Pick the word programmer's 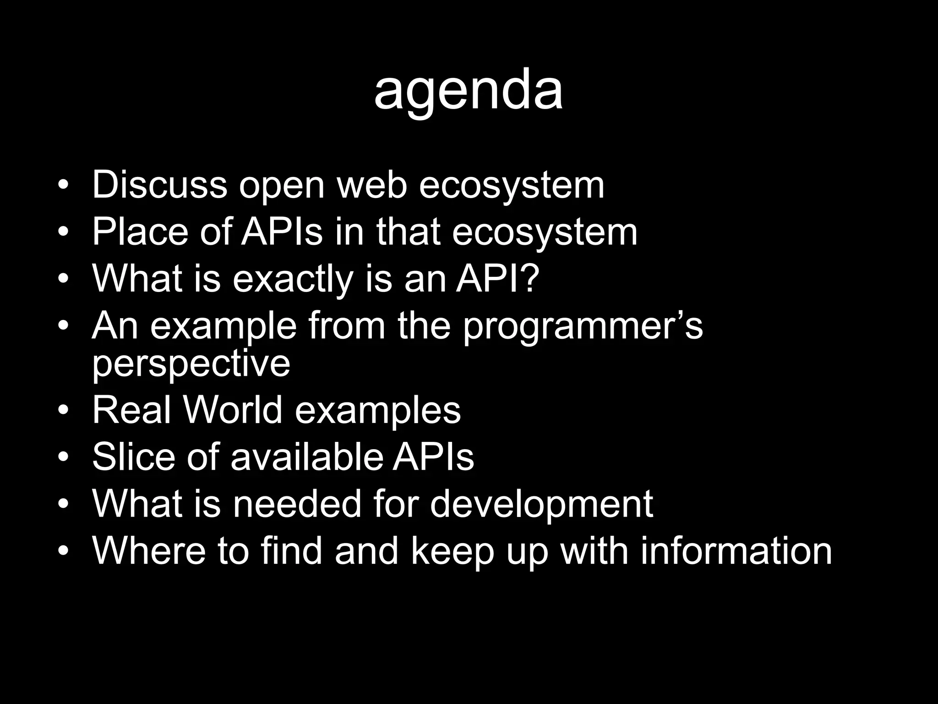(582, 326)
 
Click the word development (542, 505)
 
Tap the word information (736, 550)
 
